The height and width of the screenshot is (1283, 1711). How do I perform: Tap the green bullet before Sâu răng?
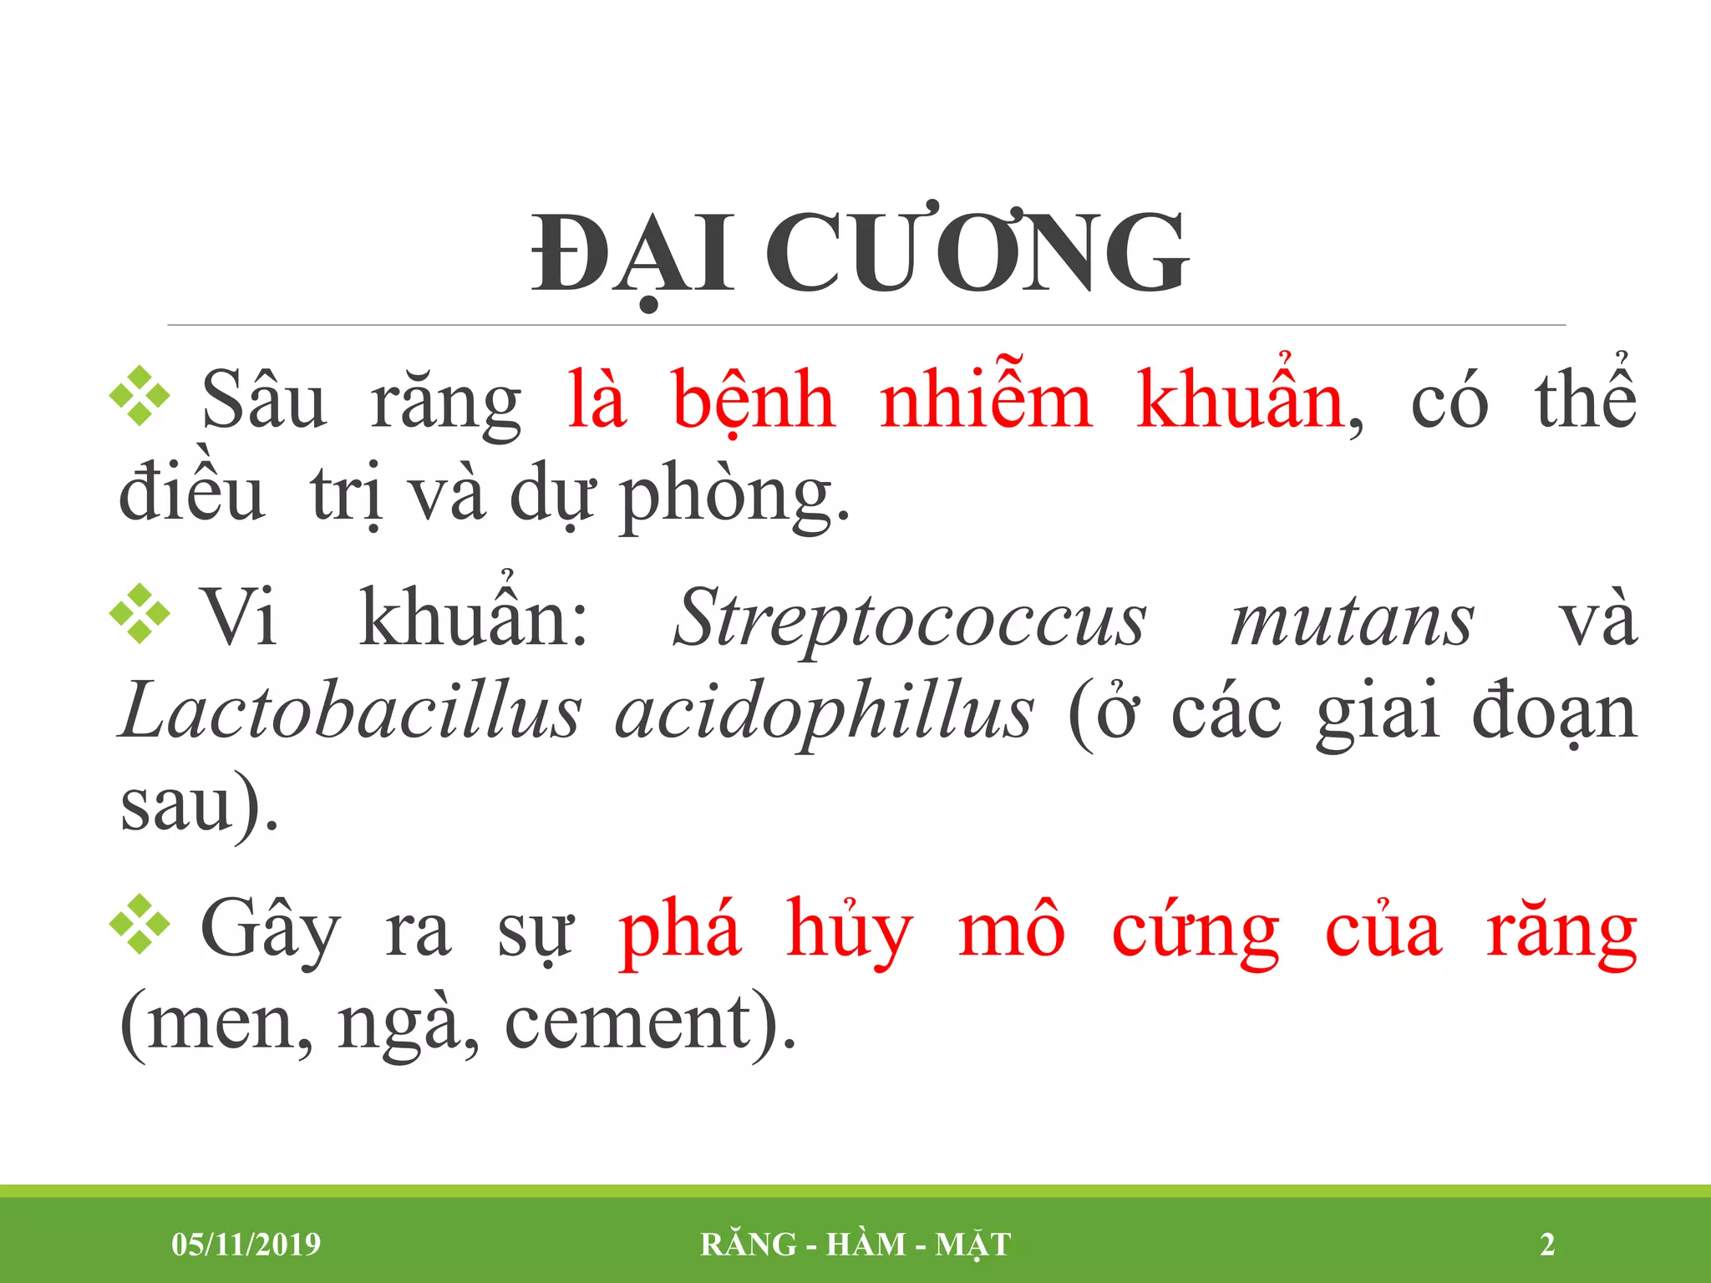click(140, 396)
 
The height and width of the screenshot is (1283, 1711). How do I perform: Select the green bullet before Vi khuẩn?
click(140, 614)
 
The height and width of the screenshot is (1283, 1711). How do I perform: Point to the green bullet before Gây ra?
click(140, 924)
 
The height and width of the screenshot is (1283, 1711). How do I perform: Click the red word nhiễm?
click(986, 401)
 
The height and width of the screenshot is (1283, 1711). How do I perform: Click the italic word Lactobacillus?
click(350, 712)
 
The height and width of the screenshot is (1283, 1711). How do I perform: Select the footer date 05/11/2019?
click(246, 1244)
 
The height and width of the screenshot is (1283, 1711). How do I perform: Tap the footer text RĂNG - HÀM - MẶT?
click(855, 1244)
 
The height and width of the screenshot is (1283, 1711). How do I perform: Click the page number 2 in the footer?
click(1547, 1244)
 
